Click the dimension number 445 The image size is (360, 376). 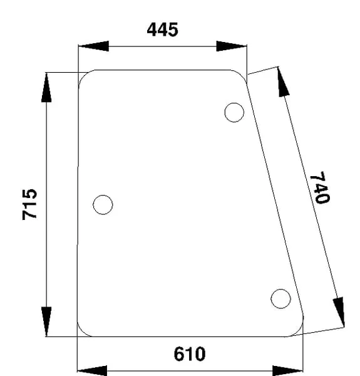pyautogui.click(x=163, y=29)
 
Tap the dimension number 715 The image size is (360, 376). pyautogui.click(x=29, y=204)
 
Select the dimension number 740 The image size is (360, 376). pyautogui.click(x=320, y=187)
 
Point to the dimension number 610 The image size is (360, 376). pyautogui.click(x=190, y=354)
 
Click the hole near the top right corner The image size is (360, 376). pyautogui.click(x=234, y=112)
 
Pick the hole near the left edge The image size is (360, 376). pyautogui.click(x=103, y=204)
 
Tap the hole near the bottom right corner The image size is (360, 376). pyautogui.click(x=280, y=298)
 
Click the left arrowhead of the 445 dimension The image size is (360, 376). pyautogui.click(x=93, y=46)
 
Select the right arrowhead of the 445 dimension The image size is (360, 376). pyautogui.click(x=232, y=46)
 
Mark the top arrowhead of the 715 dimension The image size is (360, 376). pyautogui.click(x=46, y=88)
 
